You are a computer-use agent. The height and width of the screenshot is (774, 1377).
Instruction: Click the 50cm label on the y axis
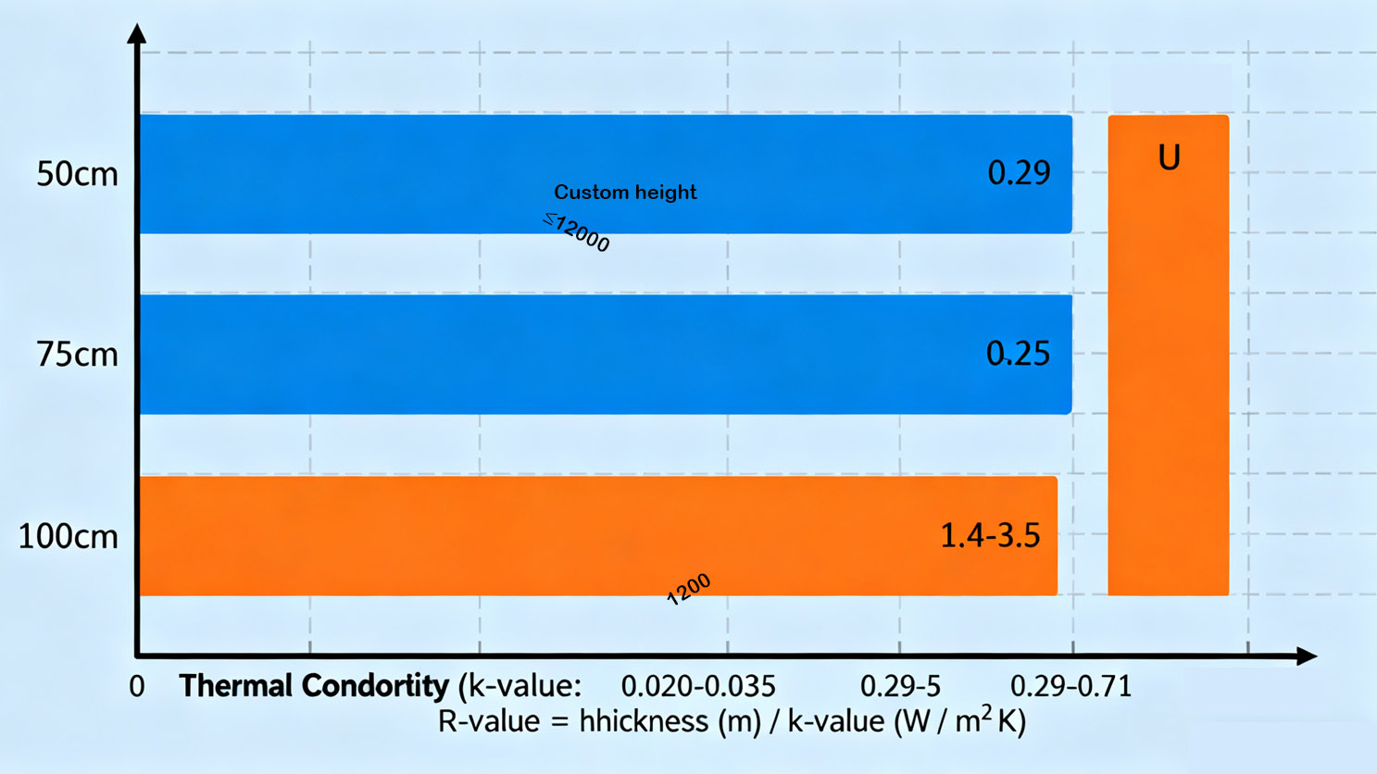[77, 174]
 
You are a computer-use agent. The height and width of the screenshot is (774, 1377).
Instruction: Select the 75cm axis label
[77, 355]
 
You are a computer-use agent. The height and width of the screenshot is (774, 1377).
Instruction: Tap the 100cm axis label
[69, 536]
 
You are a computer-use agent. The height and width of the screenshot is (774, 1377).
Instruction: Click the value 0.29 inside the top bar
[1019, 173]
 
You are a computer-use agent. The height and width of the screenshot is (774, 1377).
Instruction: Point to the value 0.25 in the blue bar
[1018, 354]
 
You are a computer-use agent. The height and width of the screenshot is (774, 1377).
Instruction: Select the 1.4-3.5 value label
[990, 535]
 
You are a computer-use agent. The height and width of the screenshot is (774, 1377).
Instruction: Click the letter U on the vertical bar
[1169, 158]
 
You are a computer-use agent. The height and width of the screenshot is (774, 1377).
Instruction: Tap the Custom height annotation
[625, 193]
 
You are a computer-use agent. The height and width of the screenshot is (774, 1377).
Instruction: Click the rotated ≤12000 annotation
[577, 231]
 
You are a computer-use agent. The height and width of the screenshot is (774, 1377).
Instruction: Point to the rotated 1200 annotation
[689, 589]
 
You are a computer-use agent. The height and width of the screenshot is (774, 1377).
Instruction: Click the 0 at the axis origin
[137, 687]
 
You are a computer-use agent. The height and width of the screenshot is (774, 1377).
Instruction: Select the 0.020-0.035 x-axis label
[697, 687]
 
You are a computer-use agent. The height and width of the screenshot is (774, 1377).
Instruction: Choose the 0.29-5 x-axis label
[900, 687]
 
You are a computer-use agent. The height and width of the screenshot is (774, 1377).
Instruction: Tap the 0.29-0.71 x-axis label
[1070, 687]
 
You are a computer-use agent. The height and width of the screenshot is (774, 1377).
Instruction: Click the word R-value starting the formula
[488, 721]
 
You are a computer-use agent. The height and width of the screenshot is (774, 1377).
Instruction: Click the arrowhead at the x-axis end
[1307, 656]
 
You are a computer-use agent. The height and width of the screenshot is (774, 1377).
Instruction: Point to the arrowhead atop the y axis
[137, 33]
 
